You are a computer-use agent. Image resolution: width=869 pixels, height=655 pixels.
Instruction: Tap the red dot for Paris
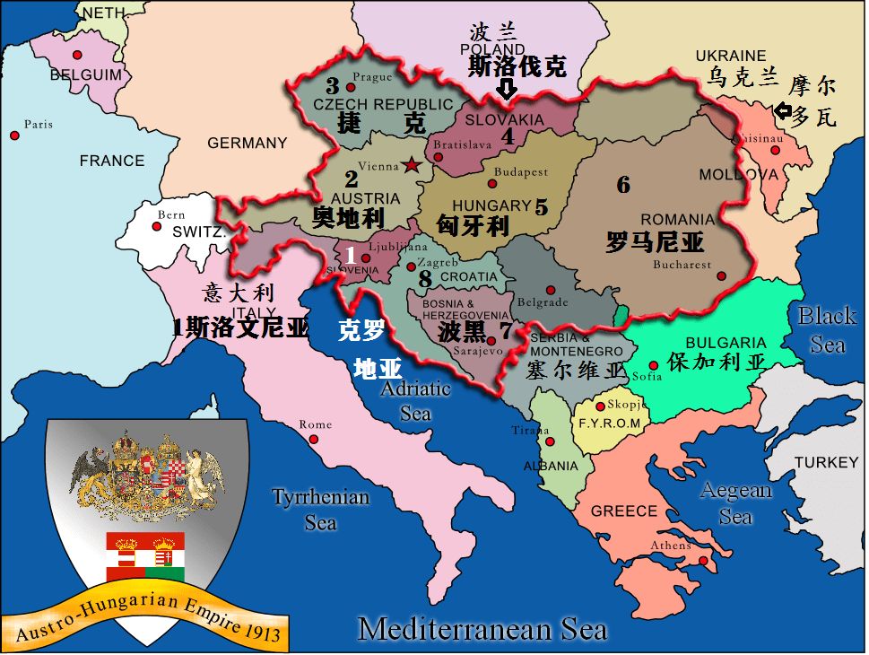point(14,135)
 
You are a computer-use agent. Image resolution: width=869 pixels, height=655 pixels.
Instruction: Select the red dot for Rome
point(314,440)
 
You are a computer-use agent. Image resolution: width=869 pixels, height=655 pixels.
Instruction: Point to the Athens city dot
point(704,561)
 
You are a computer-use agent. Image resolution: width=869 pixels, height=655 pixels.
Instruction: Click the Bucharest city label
point(682,265)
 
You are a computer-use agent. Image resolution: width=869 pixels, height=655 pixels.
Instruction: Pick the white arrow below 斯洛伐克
point(507,89)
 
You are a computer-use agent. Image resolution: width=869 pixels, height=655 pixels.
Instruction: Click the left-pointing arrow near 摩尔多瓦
point(783,111)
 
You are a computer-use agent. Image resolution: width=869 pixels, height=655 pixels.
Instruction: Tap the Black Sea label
point(827,329)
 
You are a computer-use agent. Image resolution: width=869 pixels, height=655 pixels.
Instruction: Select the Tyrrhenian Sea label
point(320,509)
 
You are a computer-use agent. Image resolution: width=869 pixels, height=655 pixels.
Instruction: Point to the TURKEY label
point(826,462)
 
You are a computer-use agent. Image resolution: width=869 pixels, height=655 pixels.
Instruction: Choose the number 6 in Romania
point(623,186)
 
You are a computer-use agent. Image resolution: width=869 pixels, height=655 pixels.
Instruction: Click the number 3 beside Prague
point(333,87)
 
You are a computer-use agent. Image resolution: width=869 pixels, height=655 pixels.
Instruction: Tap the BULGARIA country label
point(726,343)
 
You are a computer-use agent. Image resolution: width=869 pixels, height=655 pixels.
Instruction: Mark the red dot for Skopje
point(601,406)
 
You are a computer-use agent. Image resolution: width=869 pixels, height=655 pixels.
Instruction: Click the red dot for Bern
point(157,226)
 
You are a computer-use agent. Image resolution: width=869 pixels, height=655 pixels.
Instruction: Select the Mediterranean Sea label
point(482,629)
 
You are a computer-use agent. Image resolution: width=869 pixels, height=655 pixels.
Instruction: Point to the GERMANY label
point(248,143)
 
